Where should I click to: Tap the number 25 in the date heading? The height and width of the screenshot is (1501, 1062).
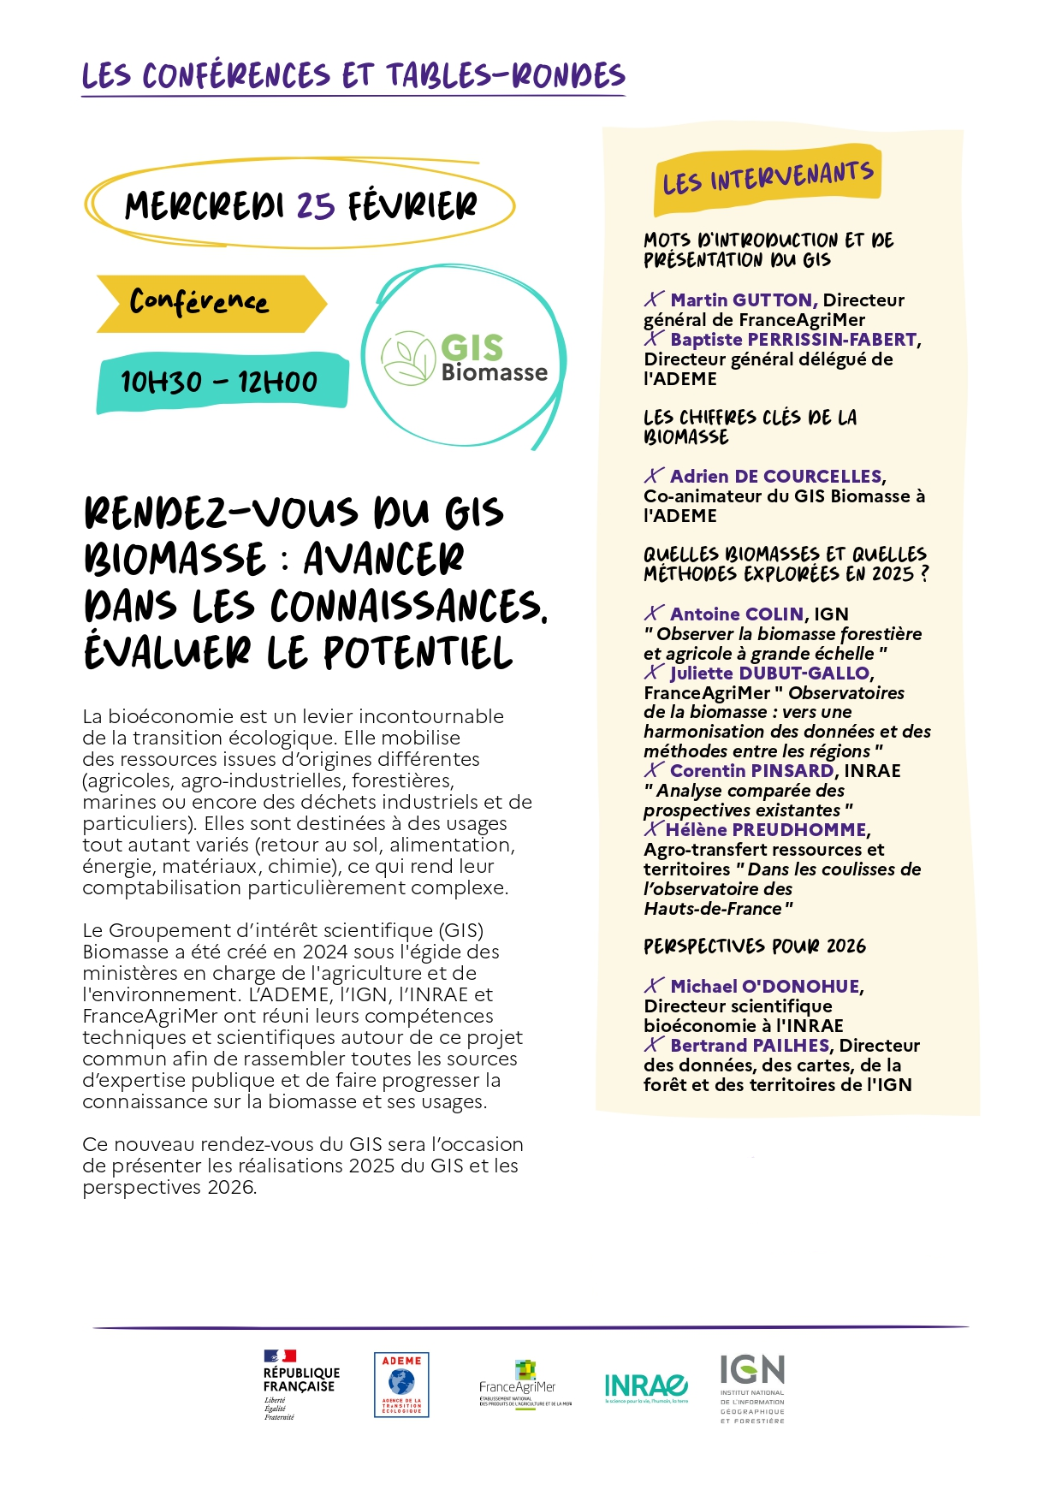click(315, 206)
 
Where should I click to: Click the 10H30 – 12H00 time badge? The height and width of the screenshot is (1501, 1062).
click(221, 382)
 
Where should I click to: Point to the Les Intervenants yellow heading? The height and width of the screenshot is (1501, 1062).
click(768, 178)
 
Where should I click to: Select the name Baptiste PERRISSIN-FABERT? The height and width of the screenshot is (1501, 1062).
click(793, 340)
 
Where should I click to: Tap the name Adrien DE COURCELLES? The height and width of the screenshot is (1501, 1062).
click(775, 477)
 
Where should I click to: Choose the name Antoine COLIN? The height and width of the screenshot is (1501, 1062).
click(737, 614)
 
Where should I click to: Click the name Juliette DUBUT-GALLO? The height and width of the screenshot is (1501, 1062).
click(769, 673)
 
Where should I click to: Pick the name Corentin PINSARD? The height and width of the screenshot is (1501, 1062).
click(751, 771)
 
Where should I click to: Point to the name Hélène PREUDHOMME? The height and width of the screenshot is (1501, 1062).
click(766, 830)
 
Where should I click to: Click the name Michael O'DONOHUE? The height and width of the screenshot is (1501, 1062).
click(764, 987)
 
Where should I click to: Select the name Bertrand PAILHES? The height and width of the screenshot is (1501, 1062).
click(750, 1046)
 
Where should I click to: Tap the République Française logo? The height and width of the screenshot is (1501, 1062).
click(300, 1385)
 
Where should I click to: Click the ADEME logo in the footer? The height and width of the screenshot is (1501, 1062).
click(401, 1385)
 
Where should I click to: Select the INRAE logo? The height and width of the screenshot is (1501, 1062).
click(646, 1386)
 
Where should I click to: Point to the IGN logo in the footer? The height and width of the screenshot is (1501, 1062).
click(752, 1386)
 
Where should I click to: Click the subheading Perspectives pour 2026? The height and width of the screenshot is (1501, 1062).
click(755, 946)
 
